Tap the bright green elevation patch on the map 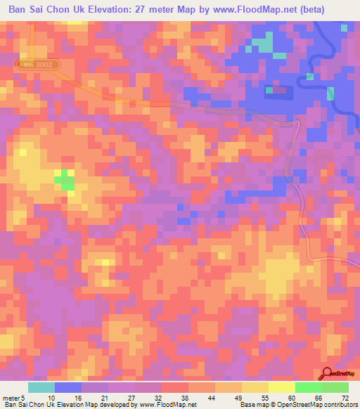(65, 180)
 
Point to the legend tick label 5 (25, 397)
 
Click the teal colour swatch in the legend (41, 387)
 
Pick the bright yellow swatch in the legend (281, 387)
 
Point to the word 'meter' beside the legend (11, 397)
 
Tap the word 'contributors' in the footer (340, 405)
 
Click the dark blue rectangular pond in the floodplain (279, 90)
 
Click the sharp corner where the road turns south (298, 122)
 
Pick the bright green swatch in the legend (308, 387)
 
